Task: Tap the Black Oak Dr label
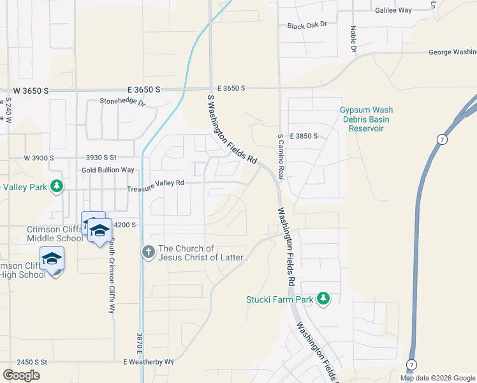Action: pos(307,25)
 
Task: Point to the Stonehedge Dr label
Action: pos(122,101)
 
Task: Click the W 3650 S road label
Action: pos(27,91)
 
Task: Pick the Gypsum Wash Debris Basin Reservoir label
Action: pos(366,119)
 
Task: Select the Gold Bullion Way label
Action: pos(108,170)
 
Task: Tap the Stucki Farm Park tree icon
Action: pos(323,299)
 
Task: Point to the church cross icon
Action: pos(148,253)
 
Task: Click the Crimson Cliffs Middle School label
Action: pos(54,234)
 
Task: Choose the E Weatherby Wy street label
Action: pos(149,361)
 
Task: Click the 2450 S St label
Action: pos(24,362)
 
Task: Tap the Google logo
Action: pos(21,375)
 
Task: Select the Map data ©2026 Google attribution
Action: pos(437,378)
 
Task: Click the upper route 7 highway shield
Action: pos(441,139)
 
